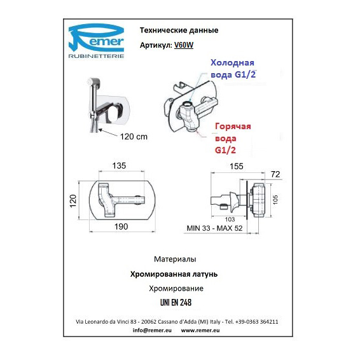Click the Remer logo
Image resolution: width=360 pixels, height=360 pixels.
[x=97, y=41]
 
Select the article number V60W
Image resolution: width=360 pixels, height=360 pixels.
[x=184, y=45]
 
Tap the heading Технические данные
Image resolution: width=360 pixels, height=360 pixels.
[x=179, y=31]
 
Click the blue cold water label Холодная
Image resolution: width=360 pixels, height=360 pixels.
[x=232, y=63]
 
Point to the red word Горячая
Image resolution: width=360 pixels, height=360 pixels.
[x=233, y=127]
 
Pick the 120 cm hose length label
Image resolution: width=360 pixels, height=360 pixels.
[x=134, y=137]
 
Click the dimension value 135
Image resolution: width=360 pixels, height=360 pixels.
[x=119, y=166]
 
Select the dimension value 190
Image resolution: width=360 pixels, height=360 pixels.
[x=121, y=227]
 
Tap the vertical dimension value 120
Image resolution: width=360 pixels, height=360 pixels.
[x=73, y=201]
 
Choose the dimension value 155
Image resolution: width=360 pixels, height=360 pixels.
[x=237, y=167]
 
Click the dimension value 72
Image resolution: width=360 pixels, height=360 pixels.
[x=275, y=174]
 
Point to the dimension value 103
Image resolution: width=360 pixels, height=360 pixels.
[x=230, y=219]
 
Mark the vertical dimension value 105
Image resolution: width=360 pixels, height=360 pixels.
[x=275, y=200]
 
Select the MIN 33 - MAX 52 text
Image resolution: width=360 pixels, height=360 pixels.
[x=215, y=228]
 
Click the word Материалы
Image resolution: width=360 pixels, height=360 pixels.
[x=175, y=260]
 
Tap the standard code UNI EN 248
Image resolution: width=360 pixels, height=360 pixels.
[x=176, y=303]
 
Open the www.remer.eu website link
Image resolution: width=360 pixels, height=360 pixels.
[x=200, y=330]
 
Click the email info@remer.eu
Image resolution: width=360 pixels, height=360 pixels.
[x=152, y=330]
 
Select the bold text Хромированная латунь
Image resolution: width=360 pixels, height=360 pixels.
[x=174, y=274]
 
